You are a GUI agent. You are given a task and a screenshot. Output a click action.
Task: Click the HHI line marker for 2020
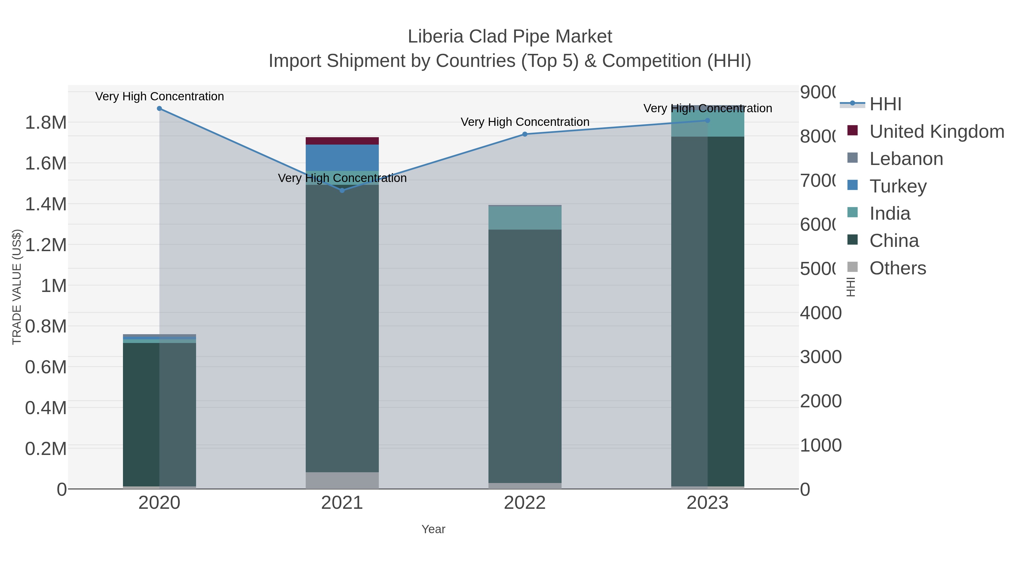tap(159, 109)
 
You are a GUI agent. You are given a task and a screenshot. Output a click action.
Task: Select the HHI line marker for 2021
tap(342, 190)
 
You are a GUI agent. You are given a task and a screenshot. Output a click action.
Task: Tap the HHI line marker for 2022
tap(525, 134)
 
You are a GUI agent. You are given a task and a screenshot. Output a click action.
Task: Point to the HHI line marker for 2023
tap(707, 120)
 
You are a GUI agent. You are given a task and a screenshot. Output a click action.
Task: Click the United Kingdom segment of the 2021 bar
tap(342, 141)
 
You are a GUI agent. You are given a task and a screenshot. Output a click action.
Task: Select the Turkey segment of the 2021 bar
tap(342, 158)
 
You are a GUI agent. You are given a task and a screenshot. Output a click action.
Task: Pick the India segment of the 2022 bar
tap(525, 218)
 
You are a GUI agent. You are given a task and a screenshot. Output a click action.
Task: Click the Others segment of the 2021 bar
tap(342, 480)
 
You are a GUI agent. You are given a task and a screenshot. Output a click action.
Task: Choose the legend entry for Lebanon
tap(906, 159)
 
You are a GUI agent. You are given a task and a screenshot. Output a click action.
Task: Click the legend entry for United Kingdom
tap(936, 132)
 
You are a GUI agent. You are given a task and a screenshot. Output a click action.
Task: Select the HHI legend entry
tap(885, 104)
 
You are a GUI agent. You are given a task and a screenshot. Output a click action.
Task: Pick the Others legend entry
tap(897, 268)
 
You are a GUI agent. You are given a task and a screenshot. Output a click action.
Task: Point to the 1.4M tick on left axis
tap(46, 204)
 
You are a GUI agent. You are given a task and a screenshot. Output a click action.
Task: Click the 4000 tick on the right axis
tap(821, 313)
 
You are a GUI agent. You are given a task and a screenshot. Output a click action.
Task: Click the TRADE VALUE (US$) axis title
tap(17, 287)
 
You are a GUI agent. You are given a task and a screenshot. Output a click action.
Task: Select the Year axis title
tap(433, 529)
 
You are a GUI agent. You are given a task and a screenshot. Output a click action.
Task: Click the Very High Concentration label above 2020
tap(160, 97)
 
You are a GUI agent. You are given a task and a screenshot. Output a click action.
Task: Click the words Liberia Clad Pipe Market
tap(510, 37)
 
